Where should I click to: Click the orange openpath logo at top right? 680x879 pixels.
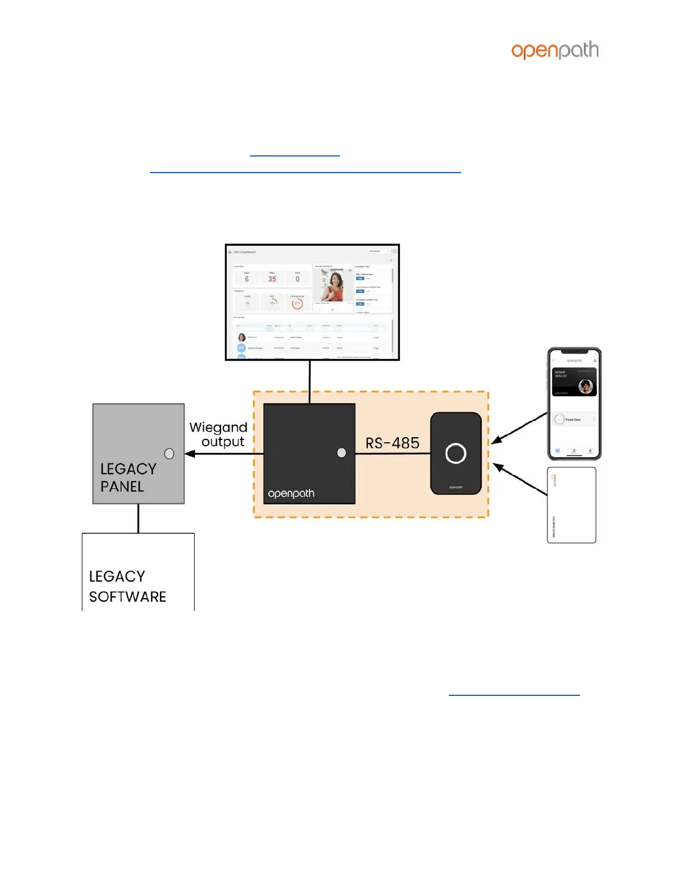point(554,50)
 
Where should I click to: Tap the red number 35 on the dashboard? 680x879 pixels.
point(272,279)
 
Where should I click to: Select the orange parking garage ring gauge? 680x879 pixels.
point(297,303)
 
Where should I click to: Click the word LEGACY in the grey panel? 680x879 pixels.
point(128,469)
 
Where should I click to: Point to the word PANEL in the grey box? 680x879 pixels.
point(122,487)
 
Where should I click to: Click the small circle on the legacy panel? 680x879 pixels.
point(169,454)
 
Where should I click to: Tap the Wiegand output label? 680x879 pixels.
point(218,435)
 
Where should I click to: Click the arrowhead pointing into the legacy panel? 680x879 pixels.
point(190,454)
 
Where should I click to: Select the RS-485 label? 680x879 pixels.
point(392,443)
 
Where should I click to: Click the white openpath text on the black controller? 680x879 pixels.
point(291,493)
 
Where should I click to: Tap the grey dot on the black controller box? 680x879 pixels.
point(342,453)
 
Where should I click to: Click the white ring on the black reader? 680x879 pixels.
point(456,453)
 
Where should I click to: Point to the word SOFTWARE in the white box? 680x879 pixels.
point(128,597)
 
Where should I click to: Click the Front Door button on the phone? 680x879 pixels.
point(574,420)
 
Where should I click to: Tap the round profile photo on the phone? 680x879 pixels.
point(586,386)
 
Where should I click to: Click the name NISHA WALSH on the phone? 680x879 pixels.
point(560,374)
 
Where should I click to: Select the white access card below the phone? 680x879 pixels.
point(572,505)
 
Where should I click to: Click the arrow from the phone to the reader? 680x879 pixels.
point(519,428)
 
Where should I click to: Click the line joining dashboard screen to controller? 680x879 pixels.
point(310,382)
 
